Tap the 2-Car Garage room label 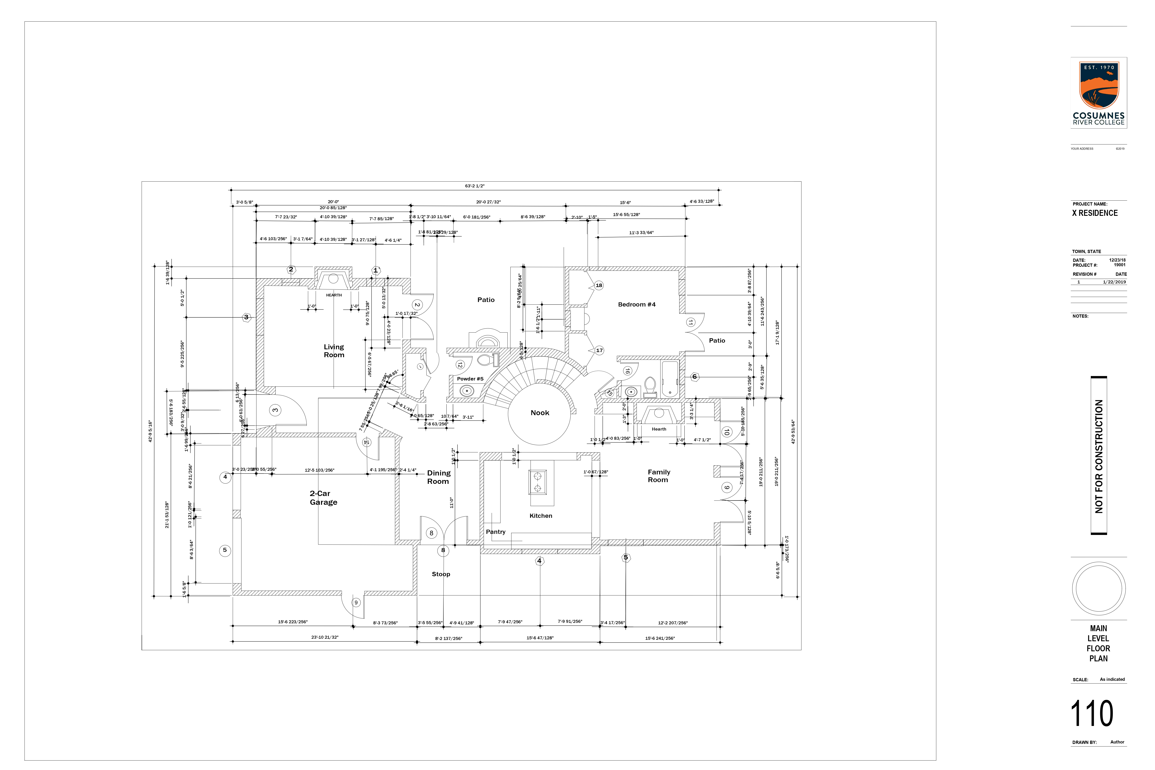(323, 498)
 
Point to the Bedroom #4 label (637, 304)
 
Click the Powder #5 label (470, 379)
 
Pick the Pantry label (496, 532)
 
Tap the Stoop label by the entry (440, 574)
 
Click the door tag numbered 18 (599, 285)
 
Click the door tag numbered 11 (690, 323)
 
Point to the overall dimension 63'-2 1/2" (474, 186)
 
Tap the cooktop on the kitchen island (537, 482)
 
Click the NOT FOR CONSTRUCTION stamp (1099, 456)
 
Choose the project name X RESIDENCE (1095, 213)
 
